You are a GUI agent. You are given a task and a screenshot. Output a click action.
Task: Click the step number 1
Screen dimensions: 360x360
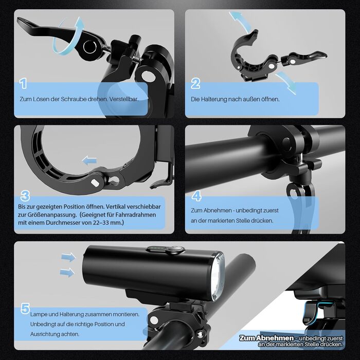23,83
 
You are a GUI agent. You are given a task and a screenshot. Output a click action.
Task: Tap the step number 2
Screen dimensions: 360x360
195,83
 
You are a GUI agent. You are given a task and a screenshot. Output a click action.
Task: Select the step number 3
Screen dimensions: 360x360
25,196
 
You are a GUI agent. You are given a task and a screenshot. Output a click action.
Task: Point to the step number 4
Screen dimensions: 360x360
196,196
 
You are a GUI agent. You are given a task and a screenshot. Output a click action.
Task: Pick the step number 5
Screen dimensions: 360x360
25,308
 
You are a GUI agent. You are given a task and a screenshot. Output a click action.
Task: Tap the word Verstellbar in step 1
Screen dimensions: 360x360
123,99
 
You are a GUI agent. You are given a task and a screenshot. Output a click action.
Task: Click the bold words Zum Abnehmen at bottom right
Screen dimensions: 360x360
266,338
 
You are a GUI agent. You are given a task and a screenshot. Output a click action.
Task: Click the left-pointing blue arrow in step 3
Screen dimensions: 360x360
89,160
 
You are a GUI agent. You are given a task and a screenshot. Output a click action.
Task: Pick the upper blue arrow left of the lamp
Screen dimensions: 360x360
68,257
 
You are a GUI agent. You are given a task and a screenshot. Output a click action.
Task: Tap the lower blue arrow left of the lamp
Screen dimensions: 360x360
67,273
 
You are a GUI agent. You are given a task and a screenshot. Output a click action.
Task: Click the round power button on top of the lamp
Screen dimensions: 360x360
175,249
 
